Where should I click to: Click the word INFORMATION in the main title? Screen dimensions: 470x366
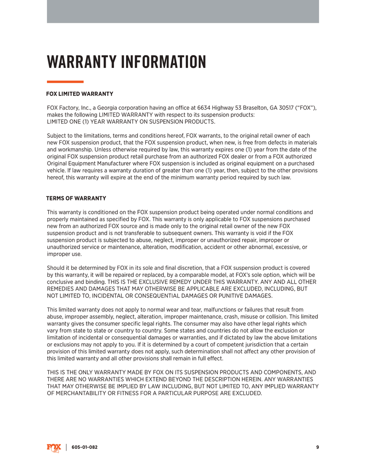[x=163, y=62]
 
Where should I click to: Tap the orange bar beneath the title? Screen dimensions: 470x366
[x=65, y=82]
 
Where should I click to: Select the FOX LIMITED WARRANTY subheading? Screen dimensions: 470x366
[x=80, y=94]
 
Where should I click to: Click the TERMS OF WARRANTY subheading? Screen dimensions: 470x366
[x=76, y=198]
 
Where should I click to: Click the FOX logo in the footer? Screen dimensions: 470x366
[x=54, y=448]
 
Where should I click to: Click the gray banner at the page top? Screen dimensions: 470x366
[x=183, y=11]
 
